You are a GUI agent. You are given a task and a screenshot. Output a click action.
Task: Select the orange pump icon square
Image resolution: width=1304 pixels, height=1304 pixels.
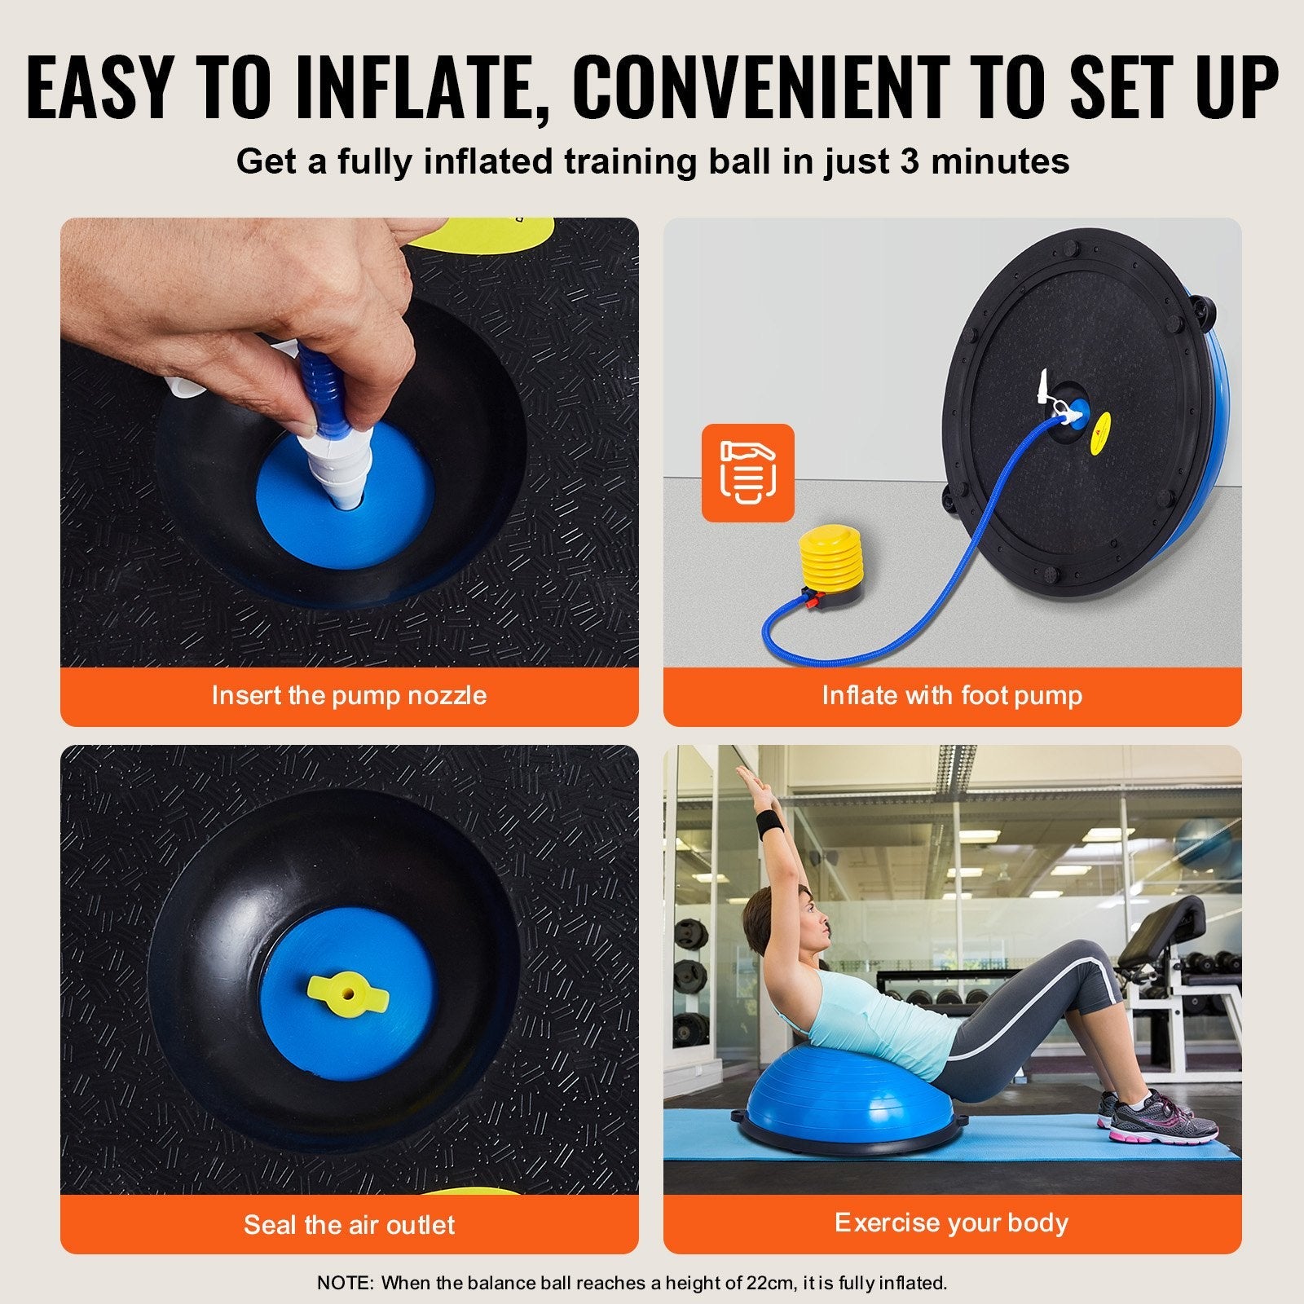747,472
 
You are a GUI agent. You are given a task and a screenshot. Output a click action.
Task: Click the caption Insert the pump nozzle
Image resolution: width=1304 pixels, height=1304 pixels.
349,695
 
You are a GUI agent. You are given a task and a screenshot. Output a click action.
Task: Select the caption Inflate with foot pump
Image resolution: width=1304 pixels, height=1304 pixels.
951,695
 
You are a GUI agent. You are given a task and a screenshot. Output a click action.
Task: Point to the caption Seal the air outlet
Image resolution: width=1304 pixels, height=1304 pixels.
349,1223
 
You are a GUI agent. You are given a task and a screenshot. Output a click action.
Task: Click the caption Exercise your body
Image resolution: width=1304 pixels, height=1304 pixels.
951,1222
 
